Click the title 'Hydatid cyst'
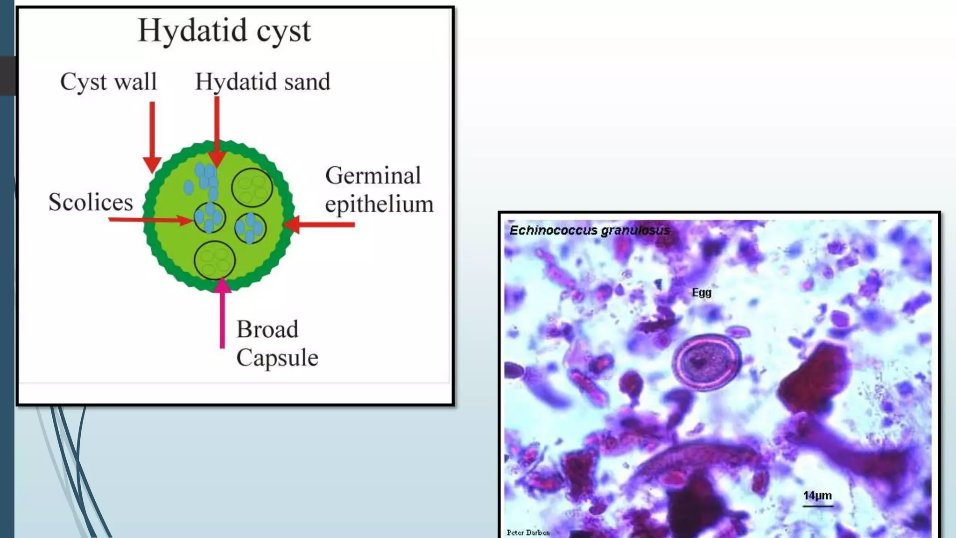coord(224,31)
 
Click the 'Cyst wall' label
coord(108,82)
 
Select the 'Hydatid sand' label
coord(262,82)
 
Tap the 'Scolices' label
coord(91,202)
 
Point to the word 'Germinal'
coord(373,176)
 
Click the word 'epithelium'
coord(379,204)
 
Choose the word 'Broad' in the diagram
coord(267,329)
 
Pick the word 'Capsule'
coord(277,358)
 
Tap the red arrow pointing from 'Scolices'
coord(149,219)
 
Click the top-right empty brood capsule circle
coord(252,187)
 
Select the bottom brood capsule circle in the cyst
coord(215,260)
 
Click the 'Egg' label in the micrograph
coord(701,293)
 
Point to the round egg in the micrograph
coord(706,362)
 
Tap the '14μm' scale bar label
coord(817,496)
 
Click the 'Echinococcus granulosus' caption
coord(589,230)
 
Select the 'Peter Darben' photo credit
coord(528,532)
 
